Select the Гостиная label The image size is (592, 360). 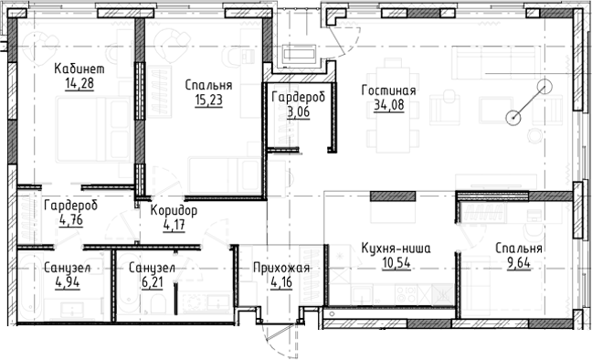pos(388,91)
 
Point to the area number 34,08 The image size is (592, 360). pos(388,106)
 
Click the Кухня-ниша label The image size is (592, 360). pos(396,248)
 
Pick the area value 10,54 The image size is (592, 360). pos(396,263)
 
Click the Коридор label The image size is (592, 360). pos(174,210)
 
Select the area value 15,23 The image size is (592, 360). pos(207,101)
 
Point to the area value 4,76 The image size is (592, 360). pos(69,219)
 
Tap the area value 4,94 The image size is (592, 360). pos(66,283)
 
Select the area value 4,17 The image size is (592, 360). pos(174,225)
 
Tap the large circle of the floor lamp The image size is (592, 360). pos(544,89)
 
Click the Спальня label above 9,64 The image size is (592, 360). pos(519,249)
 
